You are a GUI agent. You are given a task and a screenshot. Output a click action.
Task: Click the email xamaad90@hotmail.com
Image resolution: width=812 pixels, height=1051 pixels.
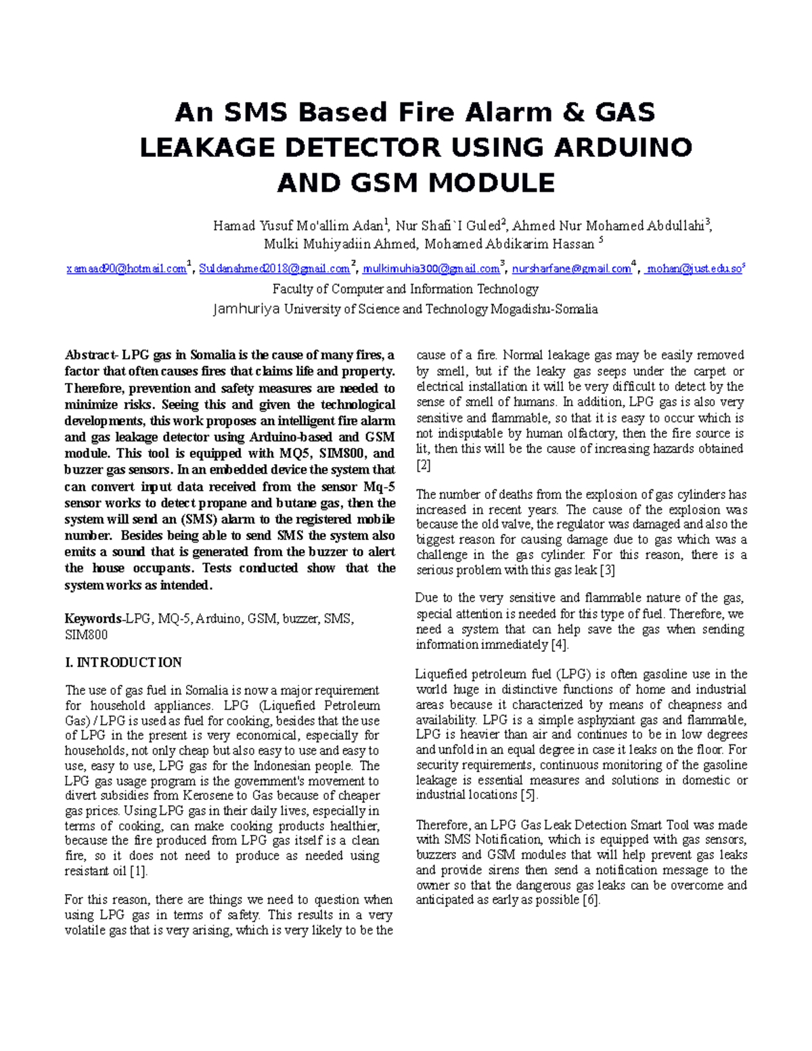(x=127, y=269)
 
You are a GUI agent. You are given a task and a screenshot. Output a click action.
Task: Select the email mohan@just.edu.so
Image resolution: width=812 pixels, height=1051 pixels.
(x=694, y=269)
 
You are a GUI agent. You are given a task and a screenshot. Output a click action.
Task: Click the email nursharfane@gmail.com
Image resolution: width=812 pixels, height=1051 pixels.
(x=571, y=269)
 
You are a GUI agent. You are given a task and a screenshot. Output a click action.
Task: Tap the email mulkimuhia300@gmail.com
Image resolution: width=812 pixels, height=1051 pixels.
(x=431, y=269)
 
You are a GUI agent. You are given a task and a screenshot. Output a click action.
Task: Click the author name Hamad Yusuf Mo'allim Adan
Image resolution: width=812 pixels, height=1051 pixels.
(x=298, y=226)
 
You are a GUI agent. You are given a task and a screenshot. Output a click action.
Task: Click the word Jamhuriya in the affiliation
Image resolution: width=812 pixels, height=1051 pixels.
(x=246, y=309)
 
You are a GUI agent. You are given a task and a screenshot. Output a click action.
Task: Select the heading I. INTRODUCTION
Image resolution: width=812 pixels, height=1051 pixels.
(x=123, y=663)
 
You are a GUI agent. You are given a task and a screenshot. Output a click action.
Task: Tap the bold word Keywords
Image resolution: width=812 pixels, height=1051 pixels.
(x=93, y=619)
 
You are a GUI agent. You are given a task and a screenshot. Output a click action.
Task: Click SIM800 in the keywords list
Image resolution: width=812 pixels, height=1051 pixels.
(x=86, y=635)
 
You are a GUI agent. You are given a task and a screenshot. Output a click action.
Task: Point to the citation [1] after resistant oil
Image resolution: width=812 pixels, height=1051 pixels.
(x=138, y=871)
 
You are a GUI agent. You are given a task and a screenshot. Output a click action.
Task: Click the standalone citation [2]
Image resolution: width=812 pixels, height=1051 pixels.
(x=423, y=465)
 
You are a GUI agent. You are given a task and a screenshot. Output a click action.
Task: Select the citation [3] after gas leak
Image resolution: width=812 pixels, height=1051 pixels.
(x=608, y=570)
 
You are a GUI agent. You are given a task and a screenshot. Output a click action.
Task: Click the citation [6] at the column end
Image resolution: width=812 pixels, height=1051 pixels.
(x=591, y=900)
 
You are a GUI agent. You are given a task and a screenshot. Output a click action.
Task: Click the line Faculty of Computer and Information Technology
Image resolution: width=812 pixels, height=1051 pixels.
(x=405, y=289)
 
